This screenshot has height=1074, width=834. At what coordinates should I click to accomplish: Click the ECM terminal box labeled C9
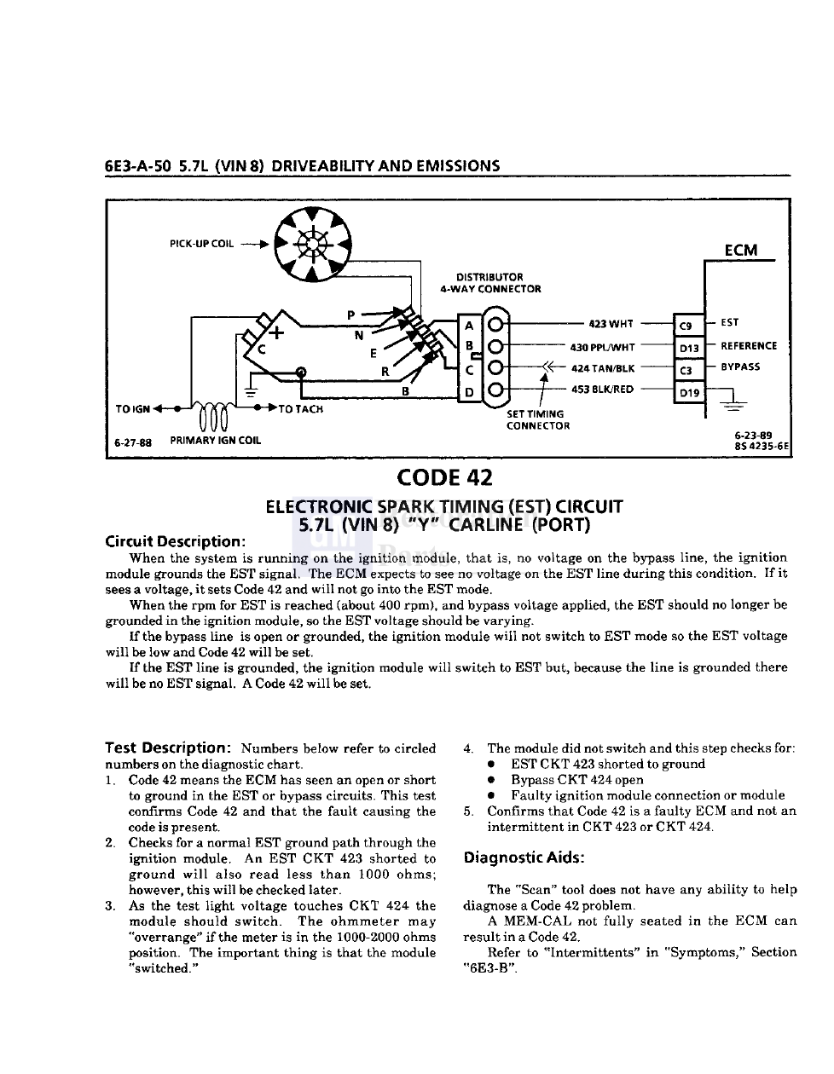tap(687, 326)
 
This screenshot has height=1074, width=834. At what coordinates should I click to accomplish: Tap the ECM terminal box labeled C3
tap(687, 370)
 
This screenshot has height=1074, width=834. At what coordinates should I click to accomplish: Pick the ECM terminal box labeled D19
tap(688, 393)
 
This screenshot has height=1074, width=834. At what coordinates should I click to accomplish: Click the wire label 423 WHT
tap(611, 324)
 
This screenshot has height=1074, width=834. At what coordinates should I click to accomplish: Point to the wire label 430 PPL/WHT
tap(602, 347)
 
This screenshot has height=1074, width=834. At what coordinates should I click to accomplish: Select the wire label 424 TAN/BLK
tap(603, 369)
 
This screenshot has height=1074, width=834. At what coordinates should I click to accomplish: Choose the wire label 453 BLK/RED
tap(602, 390)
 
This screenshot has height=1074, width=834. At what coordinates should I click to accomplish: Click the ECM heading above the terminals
tap(740, 250)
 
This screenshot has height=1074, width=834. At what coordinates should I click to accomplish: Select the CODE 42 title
tap(443, 478)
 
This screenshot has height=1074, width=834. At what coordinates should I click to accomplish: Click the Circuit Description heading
tap(175, 541)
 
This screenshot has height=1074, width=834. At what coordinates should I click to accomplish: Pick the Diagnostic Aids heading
tap(524, 857)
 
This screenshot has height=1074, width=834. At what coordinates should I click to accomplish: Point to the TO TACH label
tap(301, 409)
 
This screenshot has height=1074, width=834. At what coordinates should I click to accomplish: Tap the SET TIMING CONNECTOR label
tap(537, 419)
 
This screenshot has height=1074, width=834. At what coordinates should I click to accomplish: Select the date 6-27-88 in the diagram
tap(132, 442)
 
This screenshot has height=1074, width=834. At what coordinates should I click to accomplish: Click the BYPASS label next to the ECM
tap(740, 367)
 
